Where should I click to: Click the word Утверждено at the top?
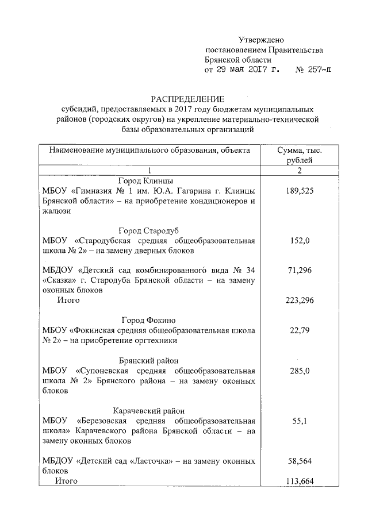pyautogui.click(x=262, y=40)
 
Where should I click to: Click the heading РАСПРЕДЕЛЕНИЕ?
pyautogui.click(x=187, y=99)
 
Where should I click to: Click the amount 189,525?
pyautogui.click(x=300, y=191)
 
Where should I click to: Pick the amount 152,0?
pyautogui.click(x=300, y=241)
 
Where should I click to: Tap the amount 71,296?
pyautogui.click(x=300, y=270)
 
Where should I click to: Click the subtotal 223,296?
pyautogui.click(x=300, y=300)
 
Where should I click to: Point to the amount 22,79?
pyautogui.click(x=300, y=330)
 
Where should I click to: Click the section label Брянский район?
pyautogui.click(x=149, y=360)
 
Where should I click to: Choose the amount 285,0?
pyautogui.click(x=300, y=371)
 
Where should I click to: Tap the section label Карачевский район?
pyautogui.click(x=149, y=411)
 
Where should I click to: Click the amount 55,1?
pyautogui.click(x=300, y=421)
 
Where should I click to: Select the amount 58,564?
pyautogui.click(x=300, y=461)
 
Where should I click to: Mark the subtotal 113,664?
pyautogui.click(x=300, y=481)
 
